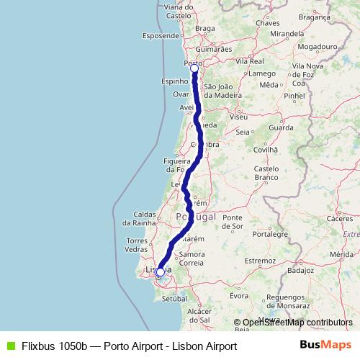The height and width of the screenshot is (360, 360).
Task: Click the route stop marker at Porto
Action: [x=194, y=68]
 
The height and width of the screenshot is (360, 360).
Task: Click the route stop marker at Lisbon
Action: [x=160, y=272]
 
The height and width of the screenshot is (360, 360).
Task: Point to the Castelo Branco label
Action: [x=266, y=172]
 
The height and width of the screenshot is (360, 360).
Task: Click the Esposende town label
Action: [x=160, y=35]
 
